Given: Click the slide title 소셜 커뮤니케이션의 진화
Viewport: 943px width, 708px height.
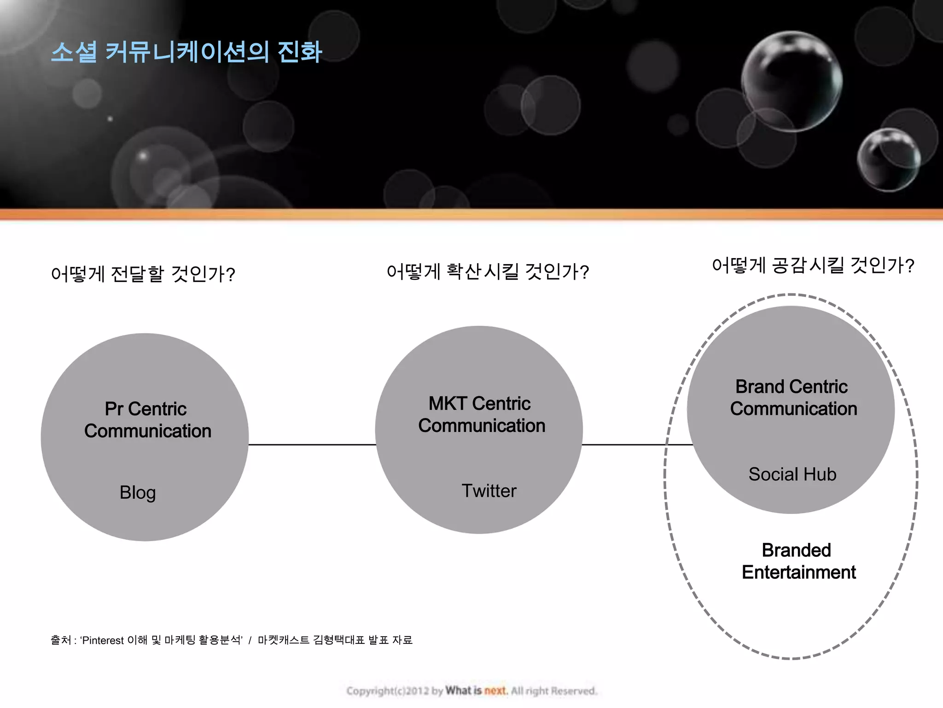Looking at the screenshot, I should pyautogui.click(x=186, y=52).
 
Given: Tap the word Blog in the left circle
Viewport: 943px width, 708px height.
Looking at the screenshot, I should pyautogui.click(x=138, y=492).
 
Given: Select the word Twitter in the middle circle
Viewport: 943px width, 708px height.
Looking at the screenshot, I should pyautogui.click(x=489, y=491).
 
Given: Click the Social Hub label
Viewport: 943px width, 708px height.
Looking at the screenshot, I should pyautogui.click(x=792, y=474).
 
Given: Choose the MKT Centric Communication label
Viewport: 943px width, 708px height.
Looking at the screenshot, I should pyautogui.click(x=481, y=414).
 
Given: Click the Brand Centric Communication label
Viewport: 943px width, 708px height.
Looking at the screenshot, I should pyautogui.click(x=793, y=398).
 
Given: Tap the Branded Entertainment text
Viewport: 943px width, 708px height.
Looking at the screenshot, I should pyautogui.click(x=798, y=561).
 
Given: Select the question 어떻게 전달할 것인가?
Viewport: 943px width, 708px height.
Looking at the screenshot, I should pyautogui.click(x=143, y=274).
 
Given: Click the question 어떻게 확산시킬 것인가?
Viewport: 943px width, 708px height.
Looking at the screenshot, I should pyautogui.click(x=488, y=271).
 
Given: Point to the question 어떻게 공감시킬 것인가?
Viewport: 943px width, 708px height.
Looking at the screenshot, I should pyautogui.click(x=813, y=265).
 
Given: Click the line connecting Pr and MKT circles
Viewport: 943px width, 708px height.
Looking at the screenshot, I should pyautogui.click(x=312, y=445).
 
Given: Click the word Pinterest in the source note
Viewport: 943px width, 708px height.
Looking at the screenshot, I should pyautogui.click(x=103, y=640).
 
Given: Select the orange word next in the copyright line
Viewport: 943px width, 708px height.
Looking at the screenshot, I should pyautogui.click(x=495, y=690).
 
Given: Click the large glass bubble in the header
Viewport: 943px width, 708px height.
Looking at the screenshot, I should pyautogui.click(x=792, y=82).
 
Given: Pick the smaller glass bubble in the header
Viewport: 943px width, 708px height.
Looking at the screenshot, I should pyautogui.click(x=888, y=159).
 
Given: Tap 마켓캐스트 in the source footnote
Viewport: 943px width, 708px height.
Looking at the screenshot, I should pyautogui.click(x=283, y=640).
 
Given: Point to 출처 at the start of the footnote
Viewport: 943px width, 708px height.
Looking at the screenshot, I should pyautogui.click(x=61, y=640).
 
